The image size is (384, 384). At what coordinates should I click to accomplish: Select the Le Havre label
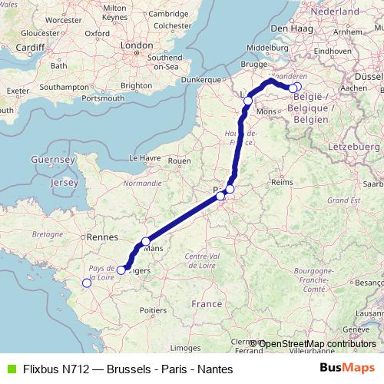coord(144,157)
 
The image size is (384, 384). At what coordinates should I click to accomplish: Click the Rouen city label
coord(179,161)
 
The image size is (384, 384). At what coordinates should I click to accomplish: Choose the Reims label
coord(283,183)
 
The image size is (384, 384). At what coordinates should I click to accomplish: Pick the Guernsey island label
coord(52,158)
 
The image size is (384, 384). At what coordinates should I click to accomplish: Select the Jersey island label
coord(64,183)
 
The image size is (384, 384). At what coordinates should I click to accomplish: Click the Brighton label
coord(136,86)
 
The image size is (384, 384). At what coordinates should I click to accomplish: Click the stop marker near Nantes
coord(87,283)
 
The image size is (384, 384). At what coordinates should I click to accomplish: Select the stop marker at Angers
coord(121,270)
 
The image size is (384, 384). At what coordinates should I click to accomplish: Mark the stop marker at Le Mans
coord(146,241)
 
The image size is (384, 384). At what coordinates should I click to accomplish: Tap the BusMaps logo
coord(348,368)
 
